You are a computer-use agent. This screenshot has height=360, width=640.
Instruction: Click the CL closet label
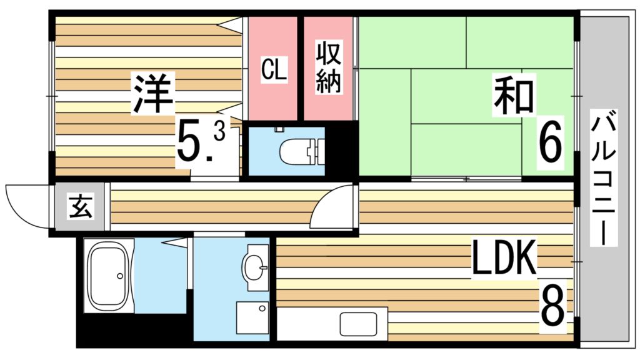point(273,69)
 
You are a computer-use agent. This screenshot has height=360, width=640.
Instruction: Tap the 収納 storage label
point(328,68)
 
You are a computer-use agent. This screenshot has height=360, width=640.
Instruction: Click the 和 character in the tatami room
point(514,95)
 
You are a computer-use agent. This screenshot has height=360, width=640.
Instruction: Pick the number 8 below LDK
point(552,303)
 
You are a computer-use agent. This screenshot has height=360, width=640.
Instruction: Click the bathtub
point(109,276)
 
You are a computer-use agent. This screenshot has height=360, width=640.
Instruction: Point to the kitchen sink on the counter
point(359,325)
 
